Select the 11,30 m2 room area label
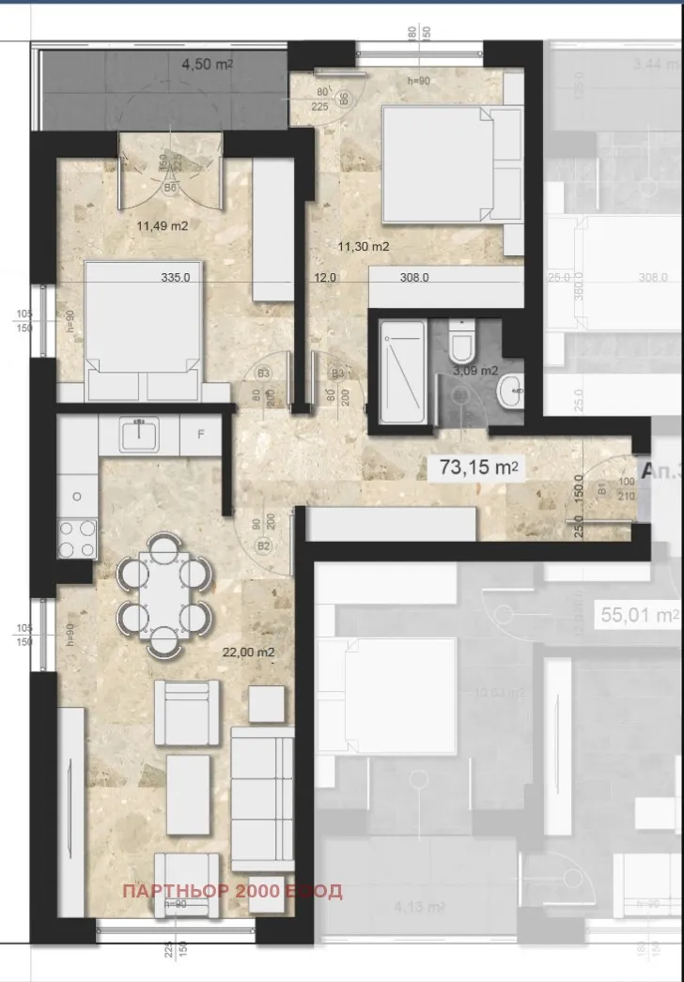[x=364, y=246]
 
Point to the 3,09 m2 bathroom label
[x=475, y=370]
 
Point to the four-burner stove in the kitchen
[x=77, y=539]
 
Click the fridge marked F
[x=199, y=434]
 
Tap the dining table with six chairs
[x=163, y=594]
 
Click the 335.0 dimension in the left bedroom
[x=176, y=278]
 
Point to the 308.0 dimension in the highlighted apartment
[x=414, y=278]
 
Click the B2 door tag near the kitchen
[x=264, y=545]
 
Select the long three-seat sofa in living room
[x=262, y=802]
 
